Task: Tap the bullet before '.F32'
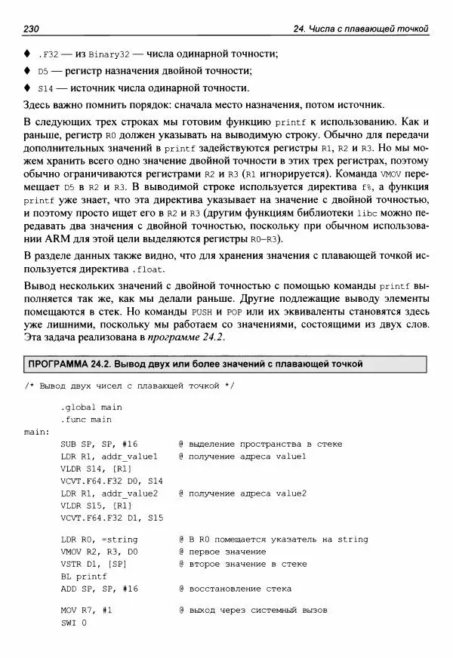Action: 27,54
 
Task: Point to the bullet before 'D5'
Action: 27,71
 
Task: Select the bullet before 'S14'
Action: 27,88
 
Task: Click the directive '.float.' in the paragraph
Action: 146,269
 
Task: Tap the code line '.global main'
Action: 91,407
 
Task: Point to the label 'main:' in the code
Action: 37,432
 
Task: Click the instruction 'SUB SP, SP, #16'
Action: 99,444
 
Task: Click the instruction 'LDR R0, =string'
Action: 99,540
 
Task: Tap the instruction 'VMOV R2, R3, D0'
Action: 99,552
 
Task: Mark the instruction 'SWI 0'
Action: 74,623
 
